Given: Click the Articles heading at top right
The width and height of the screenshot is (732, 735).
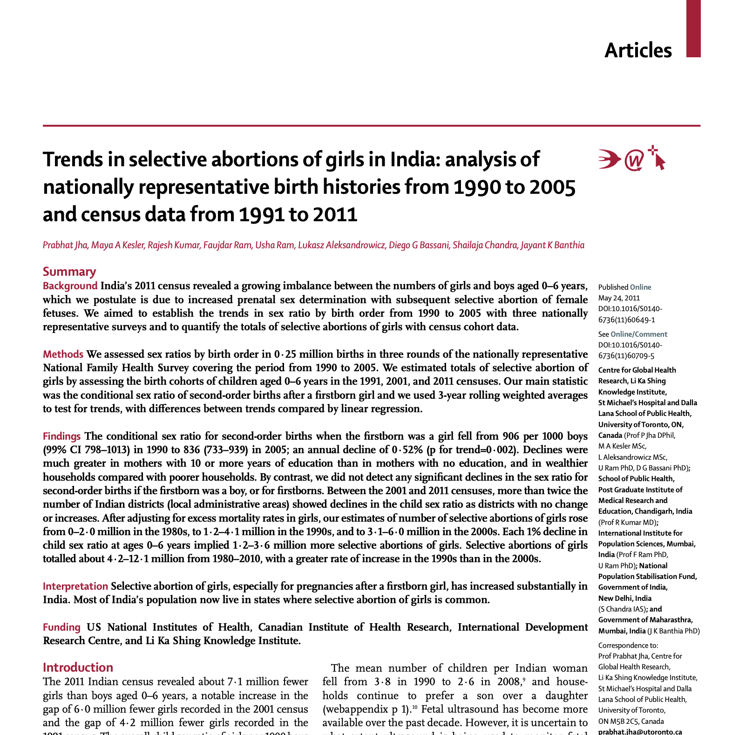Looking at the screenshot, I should pyautogui.click(x=638, y=50).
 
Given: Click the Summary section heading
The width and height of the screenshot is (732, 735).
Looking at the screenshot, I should pyautogui.click(x=69, y=272).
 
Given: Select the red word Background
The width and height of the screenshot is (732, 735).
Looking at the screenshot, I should pyautogui.click(x=70, y=286).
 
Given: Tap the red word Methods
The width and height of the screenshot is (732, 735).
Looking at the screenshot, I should pyautogui.click(x=63, y=354).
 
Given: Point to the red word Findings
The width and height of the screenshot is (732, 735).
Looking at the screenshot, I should pyautogui.click(x=61, y=436).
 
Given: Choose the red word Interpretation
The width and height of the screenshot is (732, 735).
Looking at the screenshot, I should pyautogui.click(x=75, y=586).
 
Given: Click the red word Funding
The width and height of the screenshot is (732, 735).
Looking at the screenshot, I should pyautogui.click(x=61, y=627).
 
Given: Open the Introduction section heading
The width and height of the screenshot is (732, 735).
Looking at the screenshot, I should pyautogui.click(x=78, y=667).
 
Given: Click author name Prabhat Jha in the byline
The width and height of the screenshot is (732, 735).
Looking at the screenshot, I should pyautogui.click(x=65, y=245).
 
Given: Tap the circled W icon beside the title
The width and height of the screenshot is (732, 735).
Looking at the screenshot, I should pyautogui.click(x=634, y=160).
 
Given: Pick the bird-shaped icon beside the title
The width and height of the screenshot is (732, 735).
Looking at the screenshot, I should pyautogui.click(x=609, y=159).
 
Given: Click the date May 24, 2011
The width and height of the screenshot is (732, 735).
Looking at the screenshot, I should pyautogui.click(x=619, y=298).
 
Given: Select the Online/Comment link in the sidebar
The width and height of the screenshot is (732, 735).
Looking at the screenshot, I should pyautogui.click(x=639, y=334).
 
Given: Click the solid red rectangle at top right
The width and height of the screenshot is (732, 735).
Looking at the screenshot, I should pyautogui.click(x=693, y=28).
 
